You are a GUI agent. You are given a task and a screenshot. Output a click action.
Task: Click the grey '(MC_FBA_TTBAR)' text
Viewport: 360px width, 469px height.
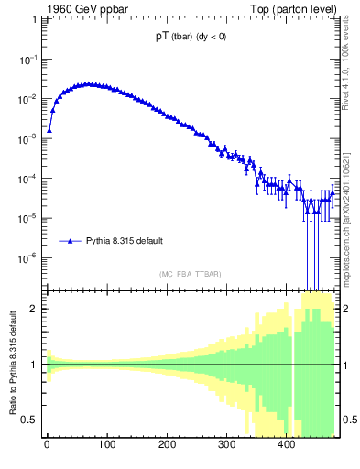pos(191,274)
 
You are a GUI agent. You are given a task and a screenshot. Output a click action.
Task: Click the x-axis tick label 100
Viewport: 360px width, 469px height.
pos(106,446)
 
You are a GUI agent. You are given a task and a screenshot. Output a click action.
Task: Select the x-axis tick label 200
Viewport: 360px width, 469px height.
pos(166,446)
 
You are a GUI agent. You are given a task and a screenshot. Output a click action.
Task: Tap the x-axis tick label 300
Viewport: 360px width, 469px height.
pos(225,446)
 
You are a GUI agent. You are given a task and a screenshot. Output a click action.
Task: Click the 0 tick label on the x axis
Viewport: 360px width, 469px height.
pos(47,446)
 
